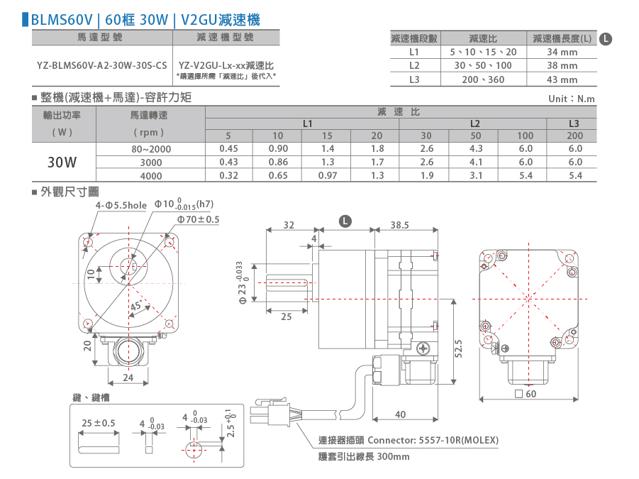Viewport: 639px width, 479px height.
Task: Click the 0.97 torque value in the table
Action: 327,176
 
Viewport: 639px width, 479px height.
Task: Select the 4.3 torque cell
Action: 476,149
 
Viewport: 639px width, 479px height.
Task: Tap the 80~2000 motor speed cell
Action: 151,149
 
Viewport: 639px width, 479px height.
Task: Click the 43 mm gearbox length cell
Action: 562,79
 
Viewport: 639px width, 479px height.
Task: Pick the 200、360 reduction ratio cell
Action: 483,79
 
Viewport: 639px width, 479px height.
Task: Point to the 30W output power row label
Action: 62,163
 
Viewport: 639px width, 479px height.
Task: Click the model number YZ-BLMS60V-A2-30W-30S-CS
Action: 102,65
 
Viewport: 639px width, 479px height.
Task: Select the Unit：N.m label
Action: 572,99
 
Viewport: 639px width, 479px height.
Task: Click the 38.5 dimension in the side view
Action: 399,225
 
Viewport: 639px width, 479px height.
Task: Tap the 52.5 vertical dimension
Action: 458,348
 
